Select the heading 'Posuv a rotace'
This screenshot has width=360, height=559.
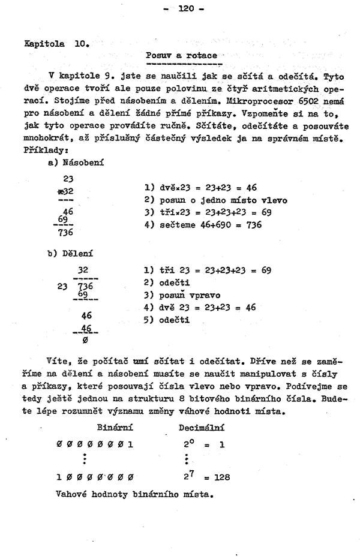(x=181, y=55)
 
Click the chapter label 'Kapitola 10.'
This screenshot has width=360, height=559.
(x=56, y=43)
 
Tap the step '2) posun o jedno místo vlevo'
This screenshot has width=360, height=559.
(x=216, y=200)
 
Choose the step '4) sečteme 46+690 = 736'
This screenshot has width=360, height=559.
(x=203, y=226)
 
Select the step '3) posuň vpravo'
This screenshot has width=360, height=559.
(x=182, y=294)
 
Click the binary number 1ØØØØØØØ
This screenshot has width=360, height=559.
(x=94, y=477)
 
